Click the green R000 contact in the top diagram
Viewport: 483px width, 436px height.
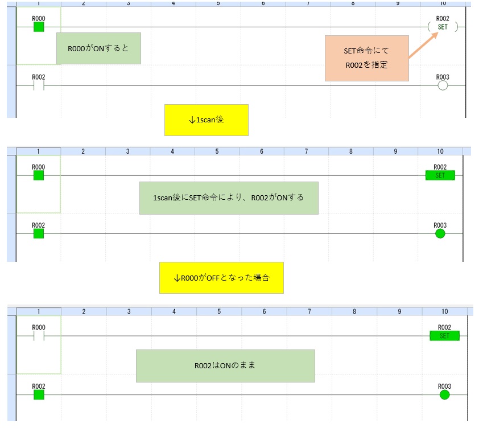point(39,27)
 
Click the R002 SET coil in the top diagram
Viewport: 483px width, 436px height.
point(442,27)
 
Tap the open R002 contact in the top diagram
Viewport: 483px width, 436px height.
point(39,85)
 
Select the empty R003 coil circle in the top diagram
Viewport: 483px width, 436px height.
point(443,85)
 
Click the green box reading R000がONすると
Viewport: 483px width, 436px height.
point(98,48)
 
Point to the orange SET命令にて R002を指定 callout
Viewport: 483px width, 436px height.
point(366,58)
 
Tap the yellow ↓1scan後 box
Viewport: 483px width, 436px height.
point(206,120)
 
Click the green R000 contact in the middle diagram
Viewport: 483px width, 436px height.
point(39,175)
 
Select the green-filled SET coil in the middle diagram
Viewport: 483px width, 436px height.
point(440,175)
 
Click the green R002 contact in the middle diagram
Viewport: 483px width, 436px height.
point(39,233)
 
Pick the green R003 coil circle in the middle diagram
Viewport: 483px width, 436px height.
point(440,233)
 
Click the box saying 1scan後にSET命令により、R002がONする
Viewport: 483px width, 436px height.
point(229,198)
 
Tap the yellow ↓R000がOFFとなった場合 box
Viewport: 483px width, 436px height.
point(221,278)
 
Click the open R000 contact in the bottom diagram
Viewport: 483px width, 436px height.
point(39,336)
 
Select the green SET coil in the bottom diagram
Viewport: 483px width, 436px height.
point(444,336)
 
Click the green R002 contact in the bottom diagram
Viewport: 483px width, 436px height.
point(39,394)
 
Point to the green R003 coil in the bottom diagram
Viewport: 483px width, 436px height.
point(444,394)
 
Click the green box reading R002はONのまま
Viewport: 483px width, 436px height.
point(225,365)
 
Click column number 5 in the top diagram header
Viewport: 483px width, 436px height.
point(218,3)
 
